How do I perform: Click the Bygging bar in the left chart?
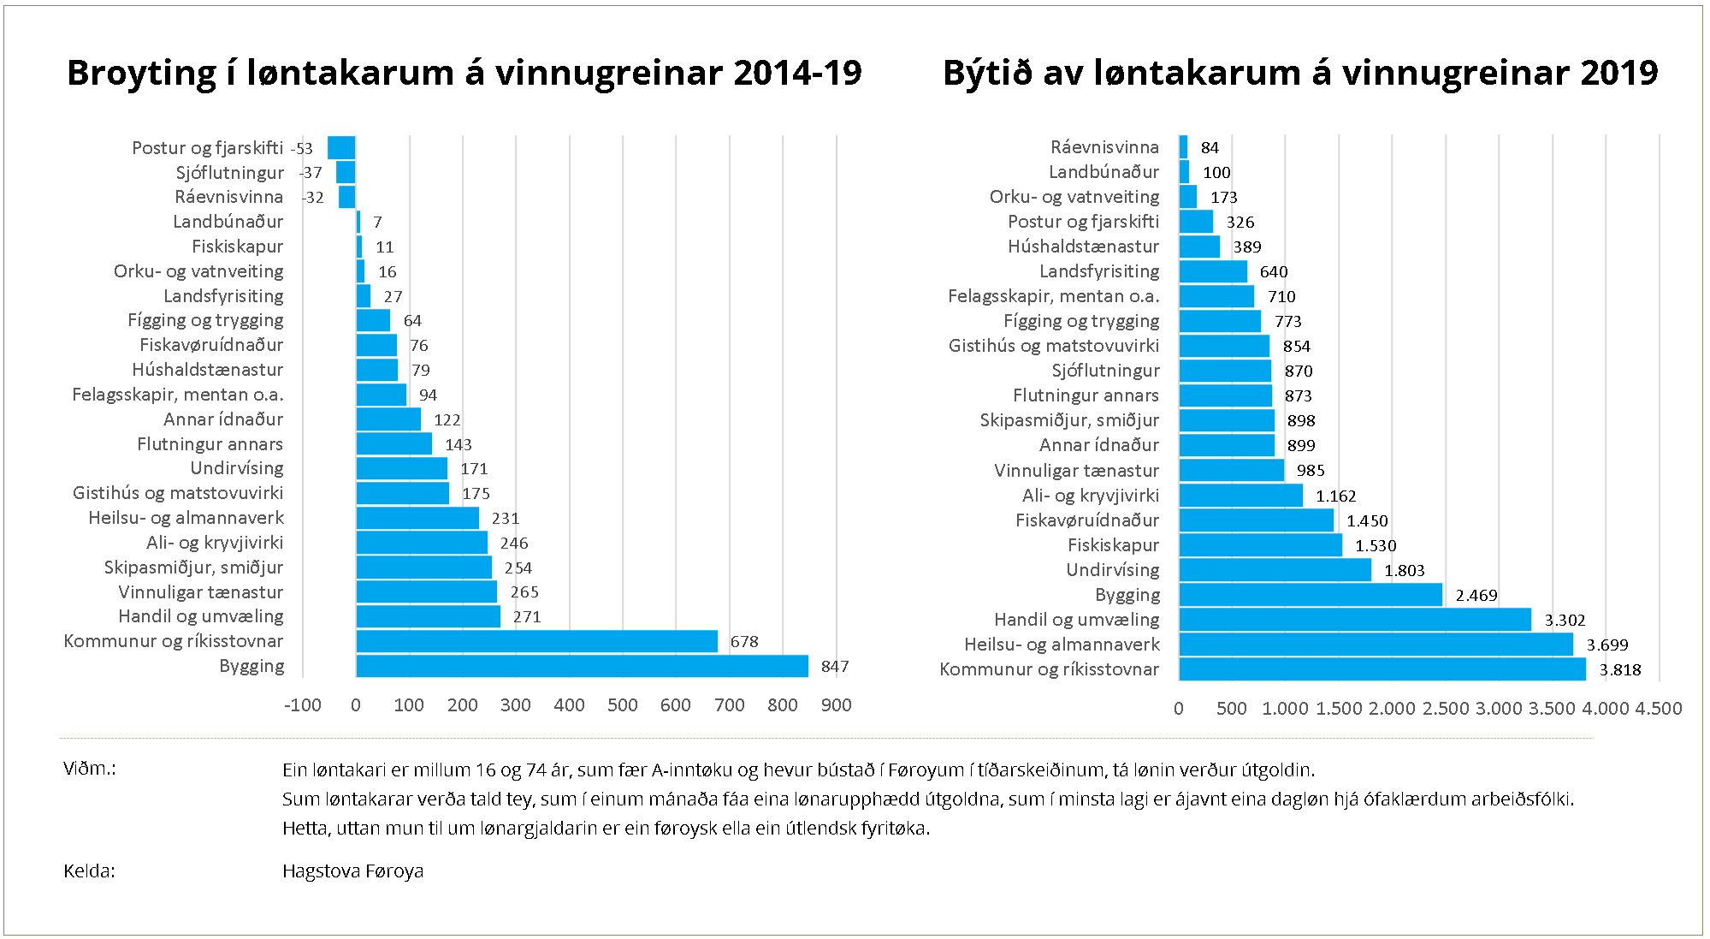582,666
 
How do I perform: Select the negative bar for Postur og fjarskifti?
341,148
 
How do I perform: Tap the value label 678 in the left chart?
744,642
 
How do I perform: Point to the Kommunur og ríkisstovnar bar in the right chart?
1382,669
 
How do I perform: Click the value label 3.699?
1607,645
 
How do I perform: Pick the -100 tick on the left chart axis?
303,705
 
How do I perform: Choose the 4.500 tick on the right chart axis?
1659,709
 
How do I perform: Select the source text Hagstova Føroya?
352,871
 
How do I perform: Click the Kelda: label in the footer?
89,871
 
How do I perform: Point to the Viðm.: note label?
89,769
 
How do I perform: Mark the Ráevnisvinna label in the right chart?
1104,147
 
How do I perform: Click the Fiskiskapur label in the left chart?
237,247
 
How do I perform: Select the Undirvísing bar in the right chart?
1275,570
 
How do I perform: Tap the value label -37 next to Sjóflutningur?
311,173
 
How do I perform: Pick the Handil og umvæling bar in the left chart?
428,616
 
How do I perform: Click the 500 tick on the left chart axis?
622,705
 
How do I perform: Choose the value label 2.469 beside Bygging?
1476,596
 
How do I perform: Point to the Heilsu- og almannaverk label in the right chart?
1062,645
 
